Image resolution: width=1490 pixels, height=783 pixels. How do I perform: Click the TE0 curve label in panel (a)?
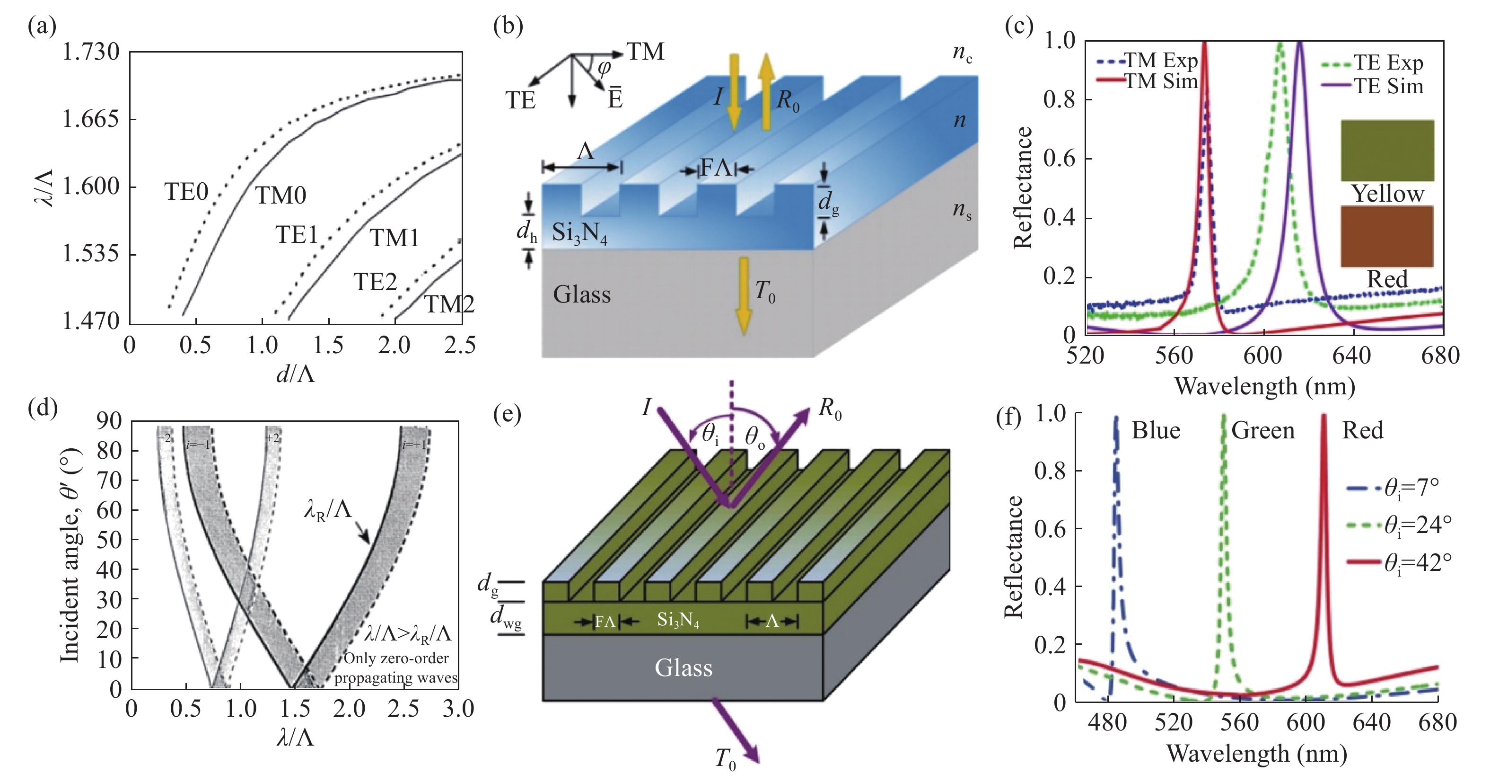pyautogui.click(x=186, y=192)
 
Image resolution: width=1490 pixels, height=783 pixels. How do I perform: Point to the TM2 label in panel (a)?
pyautogui.click(x=449, y=304)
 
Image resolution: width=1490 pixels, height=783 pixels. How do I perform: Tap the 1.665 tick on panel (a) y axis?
pyautogui.click(x=91, y=119)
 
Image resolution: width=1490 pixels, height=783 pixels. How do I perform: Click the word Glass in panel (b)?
pyautogui.click(x=581, y=294)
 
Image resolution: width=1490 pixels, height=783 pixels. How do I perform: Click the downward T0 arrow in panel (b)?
pyautogui.click(x=743, y=295)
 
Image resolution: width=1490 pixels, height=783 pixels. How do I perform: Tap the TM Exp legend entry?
pyautogui.click(x=1148, y=60)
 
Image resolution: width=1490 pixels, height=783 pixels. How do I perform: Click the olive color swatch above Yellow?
pyautogui.click(x=1387, y=151)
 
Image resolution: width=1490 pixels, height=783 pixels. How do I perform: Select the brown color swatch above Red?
pyautogui.click(x=1387, y=236)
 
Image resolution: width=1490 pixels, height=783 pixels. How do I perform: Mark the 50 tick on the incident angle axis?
pyautogui.click(x=109, y=539)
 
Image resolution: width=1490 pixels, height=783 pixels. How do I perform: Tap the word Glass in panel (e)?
pyautogui.click(x=683, y=667)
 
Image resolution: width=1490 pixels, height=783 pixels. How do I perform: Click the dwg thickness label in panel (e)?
pyautogui.click(x=506, y=617)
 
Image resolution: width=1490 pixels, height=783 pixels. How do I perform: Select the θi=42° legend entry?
pyautogui.click(x=1400, y=562)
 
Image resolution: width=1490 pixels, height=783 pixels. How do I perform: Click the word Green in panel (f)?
pyautogui.click(x=1262, y=431)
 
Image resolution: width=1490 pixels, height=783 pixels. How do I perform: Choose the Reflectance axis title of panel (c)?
pyautogui.click(x=1023, y=187)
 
